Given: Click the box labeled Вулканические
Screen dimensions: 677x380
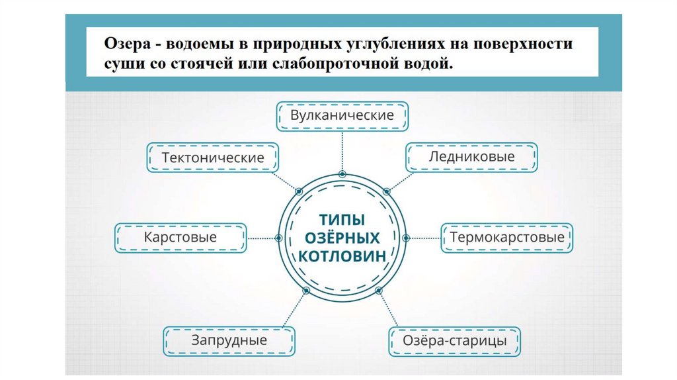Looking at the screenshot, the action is click(x=342, y=115).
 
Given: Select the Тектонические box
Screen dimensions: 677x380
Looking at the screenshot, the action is click(x=213, y=158).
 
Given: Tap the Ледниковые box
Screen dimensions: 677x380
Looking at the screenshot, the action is click(x=471, y=157).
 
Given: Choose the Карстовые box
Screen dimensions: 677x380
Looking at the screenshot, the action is click(x=180, y=237).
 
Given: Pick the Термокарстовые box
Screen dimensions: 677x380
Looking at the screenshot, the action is click(x=507, y=237).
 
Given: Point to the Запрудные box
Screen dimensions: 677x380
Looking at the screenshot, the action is click(x=229, y=341).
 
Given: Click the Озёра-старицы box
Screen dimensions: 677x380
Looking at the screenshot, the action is click(x=455, y=341).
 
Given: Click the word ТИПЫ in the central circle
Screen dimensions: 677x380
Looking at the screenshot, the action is click(x=342, y=219).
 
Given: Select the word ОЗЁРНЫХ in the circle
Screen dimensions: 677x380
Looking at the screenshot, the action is click(x=342, y=237).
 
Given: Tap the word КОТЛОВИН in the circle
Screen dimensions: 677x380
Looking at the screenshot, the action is click(x=342, y=256).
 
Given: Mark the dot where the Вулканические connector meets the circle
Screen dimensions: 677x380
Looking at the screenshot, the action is click(x=342, y=173).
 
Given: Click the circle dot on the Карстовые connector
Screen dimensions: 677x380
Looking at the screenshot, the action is click(x=278, y=238).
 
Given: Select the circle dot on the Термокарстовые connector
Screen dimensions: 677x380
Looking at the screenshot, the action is click(x=405, y=238).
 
